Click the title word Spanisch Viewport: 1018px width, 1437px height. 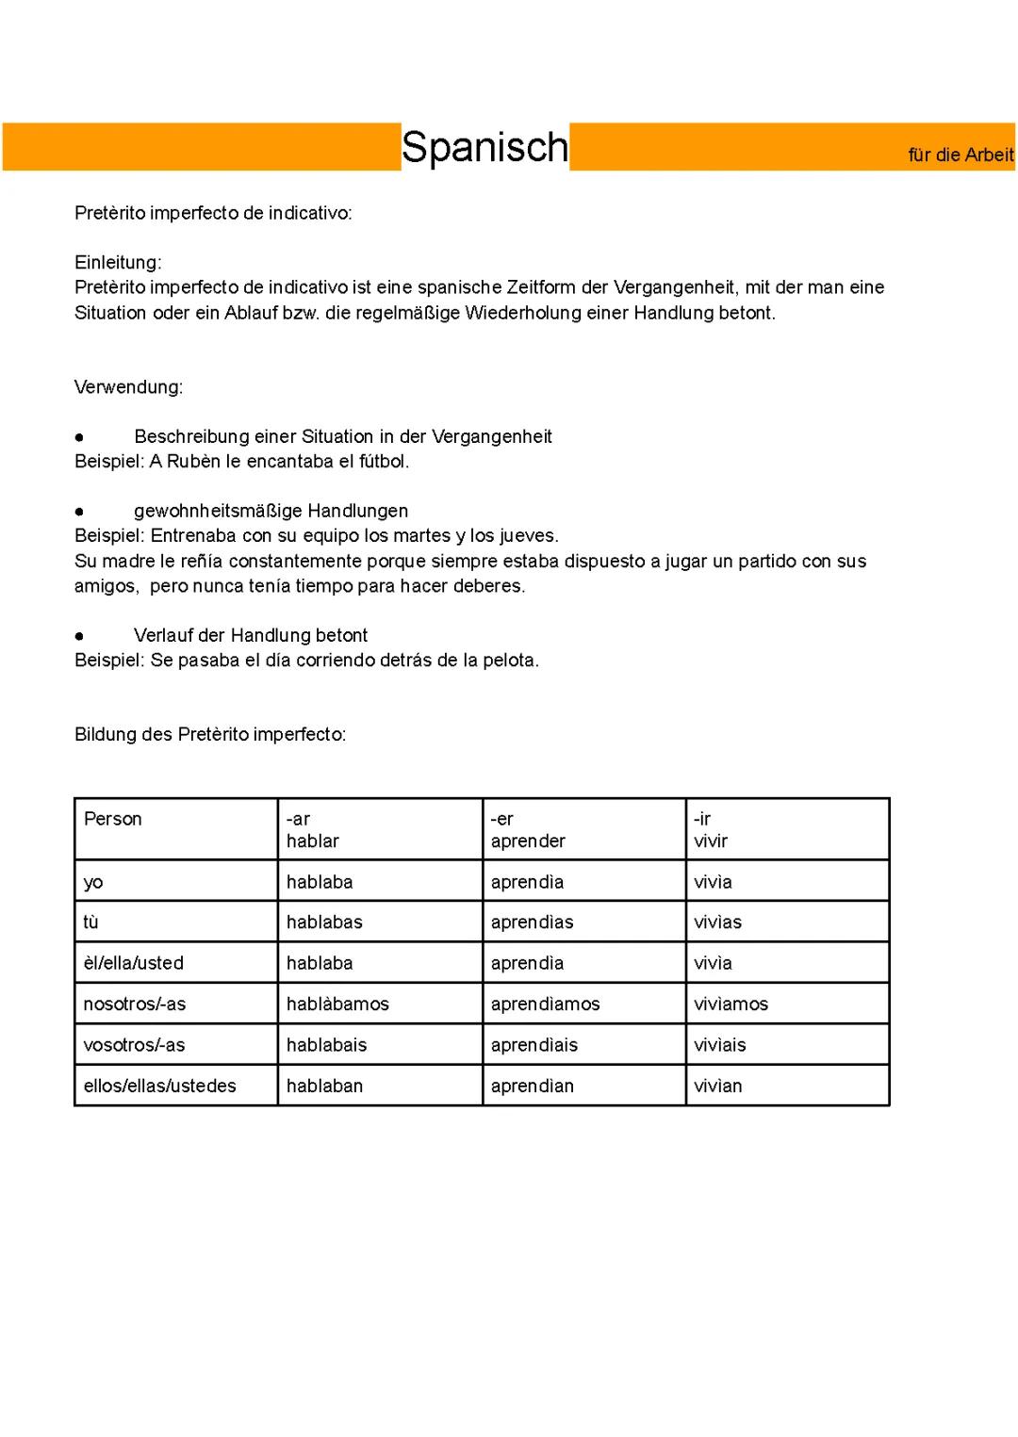(x=484, y=147)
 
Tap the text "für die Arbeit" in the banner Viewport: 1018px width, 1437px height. (x=961, y=155)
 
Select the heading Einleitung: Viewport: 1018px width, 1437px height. (x=118, y=262)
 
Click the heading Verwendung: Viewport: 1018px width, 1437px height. (x=128, y=386)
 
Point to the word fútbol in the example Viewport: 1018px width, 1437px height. (x=383, y=461)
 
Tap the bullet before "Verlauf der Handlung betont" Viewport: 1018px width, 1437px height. (x=79, y=636)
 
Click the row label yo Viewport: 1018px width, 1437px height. (x=93, y=882)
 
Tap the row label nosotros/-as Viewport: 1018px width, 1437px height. (x=135, y=1004)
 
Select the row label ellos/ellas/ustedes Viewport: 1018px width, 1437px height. (x=159, y=1086)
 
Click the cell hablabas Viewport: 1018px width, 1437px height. (x=324, y=922)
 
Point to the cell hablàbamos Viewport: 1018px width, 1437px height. (x=337, y=1004)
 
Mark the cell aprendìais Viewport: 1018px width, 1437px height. (x=534, y=1045)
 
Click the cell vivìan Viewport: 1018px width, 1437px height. (x=717, y=1086)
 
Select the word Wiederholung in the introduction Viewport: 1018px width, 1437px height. (x=523, y=312)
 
